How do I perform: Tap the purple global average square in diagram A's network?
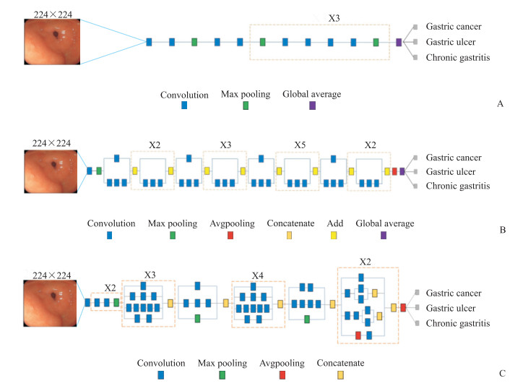399,43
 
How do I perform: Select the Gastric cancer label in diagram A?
454,27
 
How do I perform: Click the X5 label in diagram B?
299,145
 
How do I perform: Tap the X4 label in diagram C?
258,275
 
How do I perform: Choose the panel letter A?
501,104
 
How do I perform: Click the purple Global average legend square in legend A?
312,106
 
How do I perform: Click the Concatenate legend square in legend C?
340,374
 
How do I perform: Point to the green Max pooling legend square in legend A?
246,106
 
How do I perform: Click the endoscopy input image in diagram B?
53,171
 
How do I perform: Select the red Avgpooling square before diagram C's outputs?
403,307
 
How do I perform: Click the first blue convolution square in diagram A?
149,43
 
